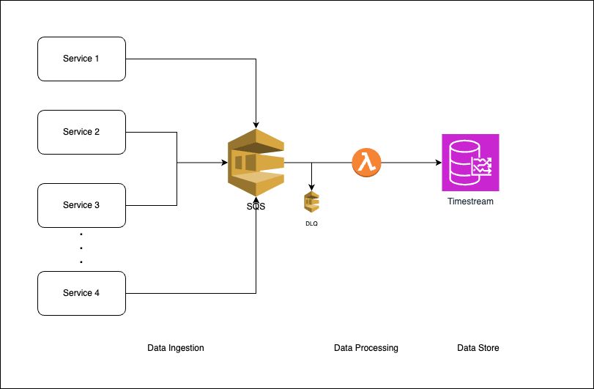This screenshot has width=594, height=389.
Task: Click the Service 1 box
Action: point(81,59)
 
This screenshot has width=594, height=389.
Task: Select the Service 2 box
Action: point(81,132)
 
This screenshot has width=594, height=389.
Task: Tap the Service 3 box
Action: point(81,205)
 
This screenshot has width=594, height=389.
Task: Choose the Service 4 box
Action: point(81,293)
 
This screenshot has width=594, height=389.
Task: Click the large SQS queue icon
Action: point(255,163)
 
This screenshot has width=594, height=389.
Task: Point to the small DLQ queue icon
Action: point(312,202)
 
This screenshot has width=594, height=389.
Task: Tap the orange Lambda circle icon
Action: point(367,163)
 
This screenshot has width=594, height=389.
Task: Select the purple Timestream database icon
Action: point(470,163)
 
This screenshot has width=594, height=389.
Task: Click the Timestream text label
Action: point(470,201)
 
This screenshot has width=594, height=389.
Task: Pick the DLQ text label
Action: point(312,223)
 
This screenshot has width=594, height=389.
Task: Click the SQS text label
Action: point(256,207)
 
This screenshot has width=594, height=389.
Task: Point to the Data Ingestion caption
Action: point(176,348)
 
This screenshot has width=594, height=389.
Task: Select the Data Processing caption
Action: point(365,348)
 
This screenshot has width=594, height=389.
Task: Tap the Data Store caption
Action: point(478,348)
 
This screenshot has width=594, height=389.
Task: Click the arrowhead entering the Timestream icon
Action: point(437,163)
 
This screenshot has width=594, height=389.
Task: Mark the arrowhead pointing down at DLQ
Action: point(312,186)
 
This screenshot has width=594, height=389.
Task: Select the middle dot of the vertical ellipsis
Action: point(81,248)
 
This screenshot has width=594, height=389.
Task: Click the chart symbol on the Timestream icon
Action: point(481,168)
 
